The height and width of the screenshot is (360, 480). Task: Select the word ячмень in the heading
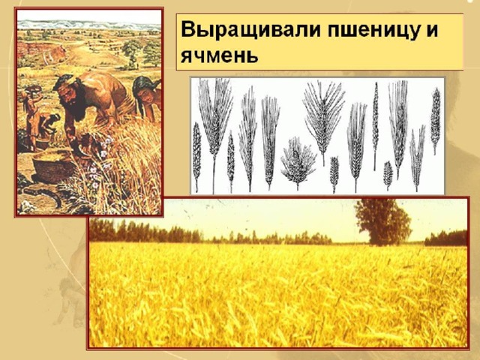(219, 55)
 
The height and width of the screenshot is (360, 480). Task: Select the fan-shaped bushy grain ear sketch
(298, 163)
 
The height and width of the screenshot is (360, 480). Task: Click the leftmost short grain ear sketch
(196, 156)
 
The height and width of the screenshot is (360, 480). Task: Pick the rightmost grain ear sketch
(435, 120)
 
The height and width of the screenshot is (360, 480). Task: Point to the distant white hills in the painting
(88, 25)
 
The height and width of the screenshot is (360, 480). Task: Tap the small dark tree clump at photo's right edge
(445, 238)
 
